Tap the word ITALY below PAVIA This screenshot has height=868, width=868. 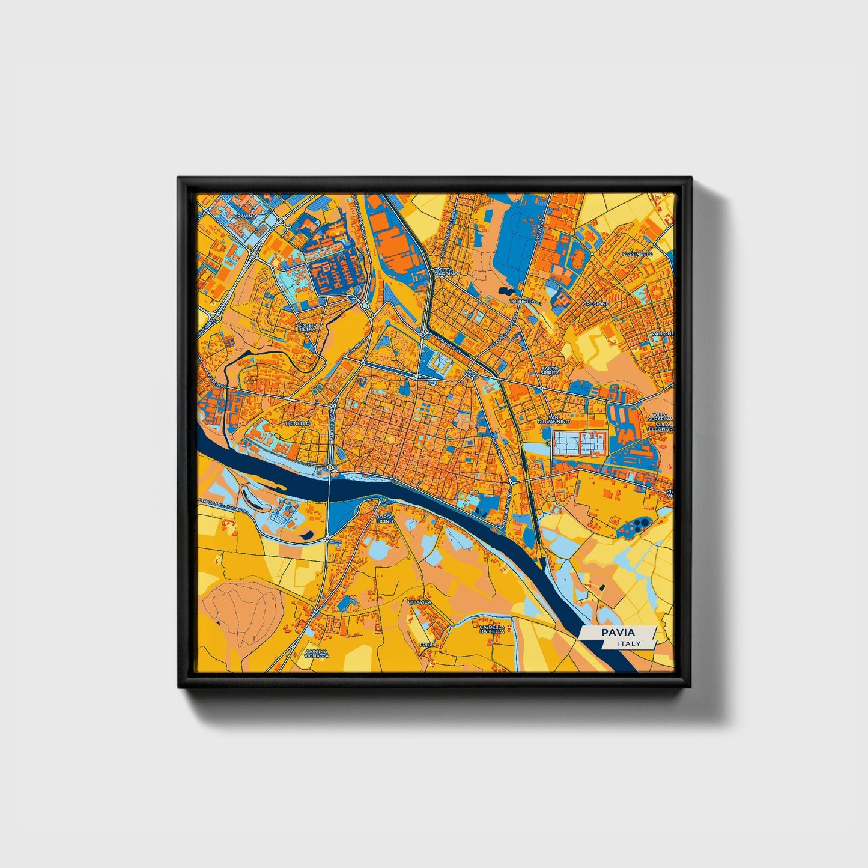(628, 643)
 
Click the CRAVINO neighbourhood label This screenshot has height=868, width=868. (245, 215)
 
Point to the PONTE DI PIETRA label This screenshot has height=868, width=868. (306, 327)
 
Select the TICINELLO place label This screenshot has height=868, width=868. (298, 423)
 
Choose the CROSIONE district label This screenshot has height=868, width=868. (596, 304)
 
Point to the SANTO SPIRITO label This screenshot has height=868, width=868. (550, 370)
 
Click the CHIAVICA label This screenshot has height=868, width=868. (419, 601)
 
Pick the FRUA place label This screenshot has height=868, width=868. (426, 645)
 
